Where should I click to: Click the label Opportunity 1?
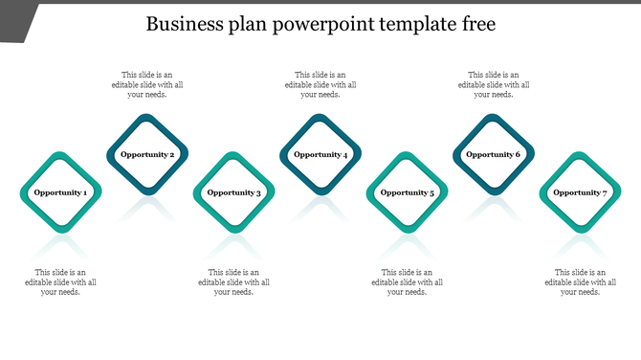point(60,192)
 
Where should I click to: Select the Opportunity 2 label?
point(147,154)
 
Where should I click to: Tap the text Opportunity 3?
point(233,192)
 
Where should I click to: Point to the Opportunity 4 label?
point(320,154)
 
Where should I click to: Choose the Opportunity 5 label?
point(408,192)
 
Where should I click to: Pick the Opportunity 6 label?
point(494,154)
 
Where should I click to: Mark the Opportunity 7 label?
point(581,192)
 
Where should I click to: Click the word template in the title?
point(417,24)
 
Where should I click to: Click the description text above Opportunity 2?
point(147,84)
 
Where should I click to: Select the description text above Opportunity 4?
point(320,84)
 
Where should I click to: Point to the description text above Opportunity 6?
point(494,84)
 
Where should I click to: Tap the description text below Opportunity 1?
point(60,281)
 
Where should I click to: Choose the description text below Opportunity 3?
point(233,281)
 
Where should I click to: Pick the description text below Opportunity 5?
point(408,281)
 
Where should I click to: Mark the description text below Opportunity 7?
point(581,281)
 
